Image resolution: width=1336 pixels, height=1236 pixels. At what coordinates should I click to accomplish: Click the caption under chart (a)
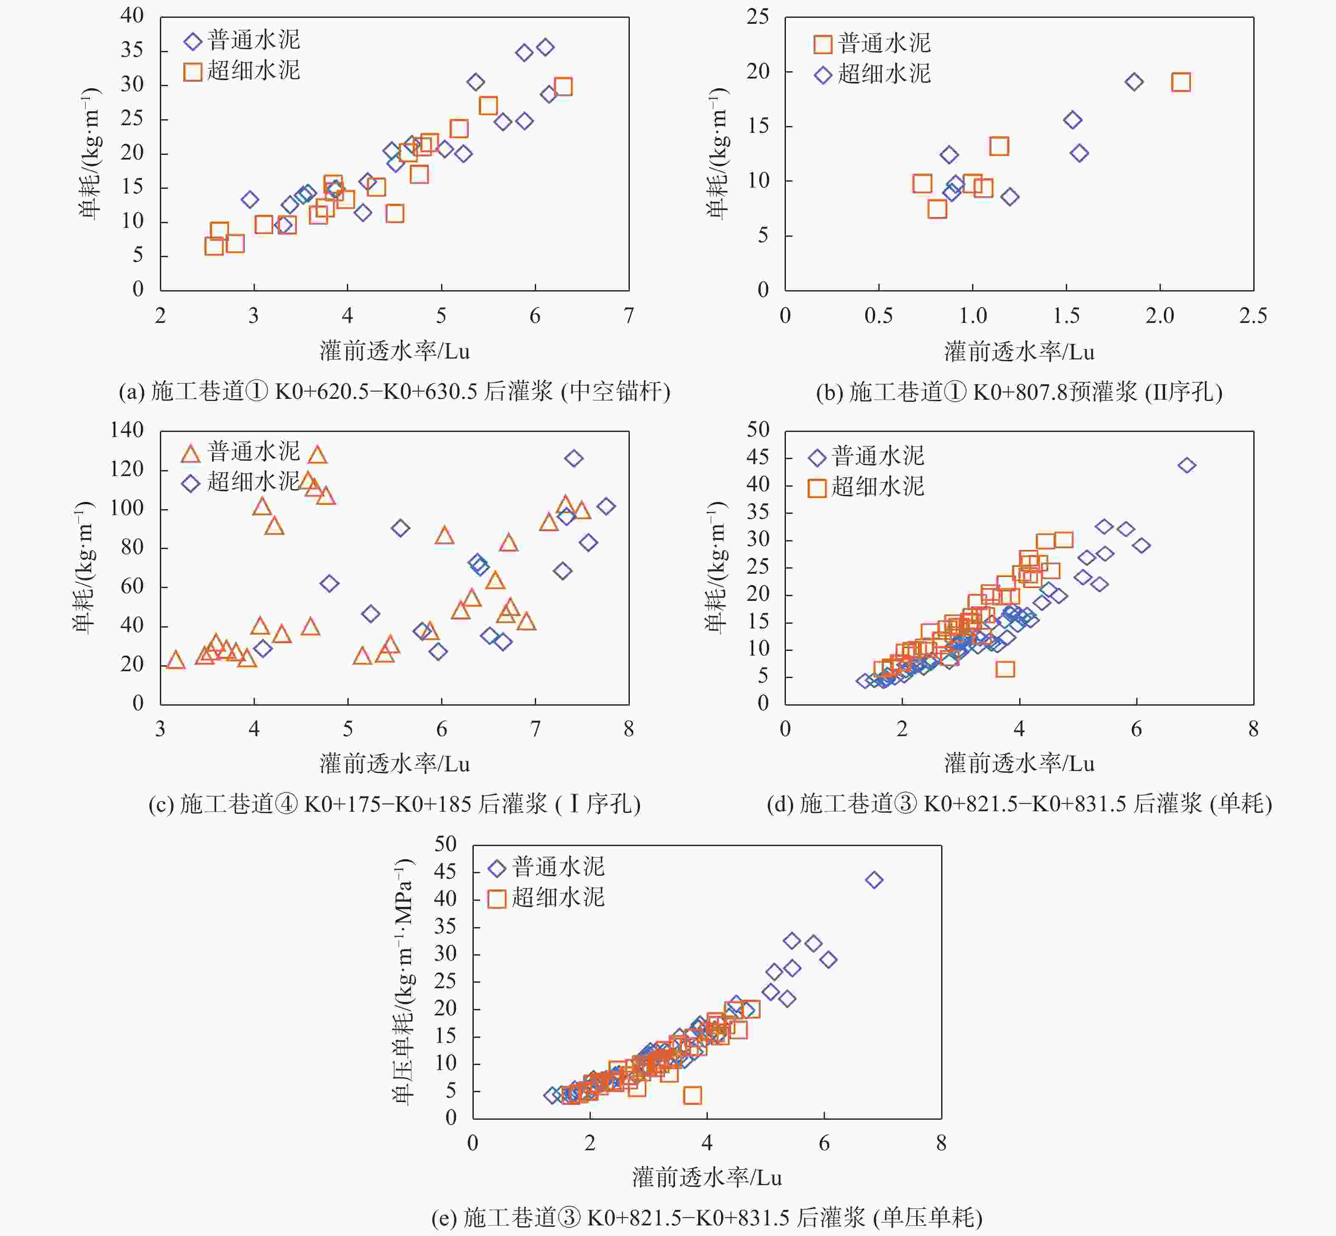click(394, 391)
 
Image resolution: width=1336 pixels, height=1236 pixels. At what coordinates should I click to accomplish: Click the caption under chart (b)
click(1019, 391)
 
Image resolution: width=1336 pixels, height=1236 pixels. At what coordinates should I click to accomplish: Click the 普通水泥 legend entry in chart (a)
click(242, 41)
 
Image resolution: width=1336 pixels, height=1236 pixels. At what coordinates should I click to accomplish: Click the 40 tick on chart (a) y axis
click(132, 16)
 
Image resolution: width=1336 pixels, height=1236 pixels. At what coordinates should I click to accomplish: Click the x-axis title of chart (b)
click(1019, 352)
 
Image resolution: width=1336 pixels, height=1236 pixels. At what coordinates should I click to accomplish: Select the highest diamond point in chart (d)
click(1186, 465)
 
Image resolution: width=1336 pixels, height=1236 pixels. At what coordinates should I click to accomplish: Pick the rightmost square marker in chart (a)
click(563, 87)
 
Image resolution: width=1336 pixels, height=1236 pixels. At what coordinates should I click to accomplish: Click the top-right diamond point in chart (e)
click(874, 880)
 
